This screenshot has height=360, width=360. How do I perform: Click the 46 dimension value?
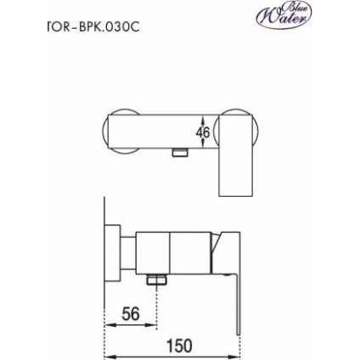click(204, 132)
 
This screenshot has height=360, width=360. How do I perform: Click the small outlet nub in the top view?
click(178, 152)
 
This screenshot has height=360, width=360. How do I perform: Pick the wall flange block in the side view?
click(115, 250)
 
